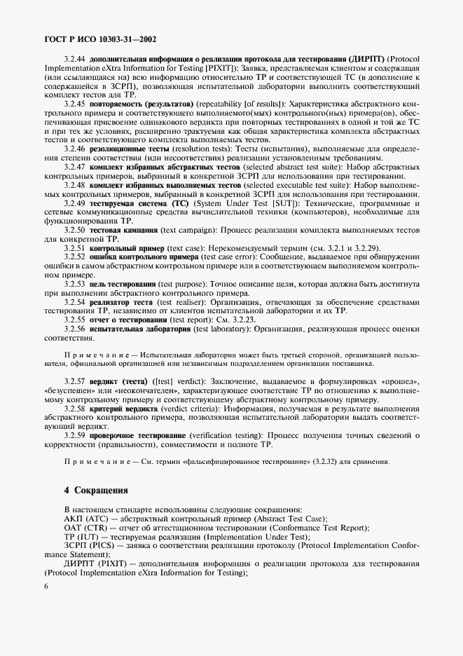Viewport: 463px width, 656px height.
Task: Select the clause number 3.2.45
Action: click(74, 103)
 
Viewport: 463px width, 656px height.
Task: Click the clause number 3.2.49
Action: click(74, 203)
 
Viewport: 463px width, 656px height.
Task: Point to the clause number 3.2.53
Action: click(74, 283)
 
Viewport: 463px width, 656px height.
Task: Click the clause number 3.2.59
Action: click(74, 435)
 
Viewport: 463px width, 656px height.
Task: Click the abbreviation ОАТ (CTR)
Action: click(82, 528)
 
